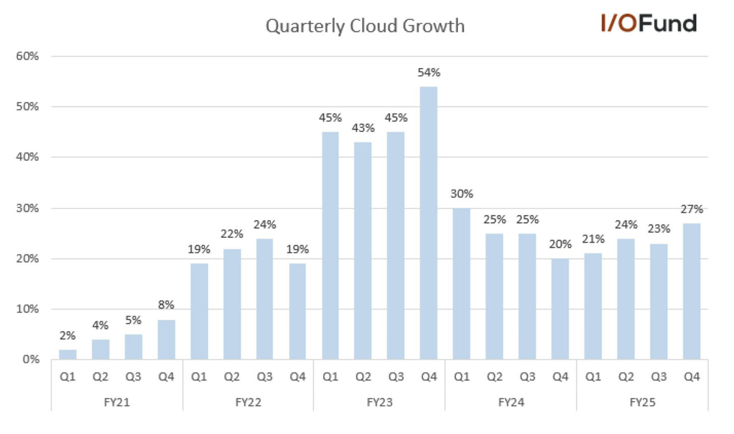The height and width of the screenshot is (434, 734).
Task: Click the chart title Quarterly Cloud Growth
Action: point(365,26)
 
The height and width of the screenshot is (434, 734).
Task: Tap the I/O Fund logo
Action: point(648,23)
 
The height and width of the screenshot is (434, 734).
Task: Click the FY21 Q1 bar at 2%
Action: point(68,354)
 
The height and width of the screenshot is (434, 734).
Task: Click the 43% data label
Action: point(363,128)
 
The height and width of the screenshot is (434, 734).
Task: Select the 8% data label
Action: point(166,305)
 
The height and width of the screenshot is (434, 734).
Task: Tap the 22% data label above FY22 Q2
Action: point(231,234)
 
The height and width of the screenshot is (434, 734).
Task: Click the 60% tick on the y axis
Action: point(27,56)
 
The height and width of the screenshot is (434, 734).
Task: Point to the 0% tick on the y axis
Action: point(31,359)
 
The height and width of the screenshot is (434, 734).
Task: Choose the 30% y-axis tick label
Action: point(27,208)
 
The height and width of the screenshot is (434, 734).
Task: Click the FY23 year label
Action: point(379,402)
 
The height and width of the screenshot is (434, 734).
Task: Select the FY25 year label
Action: point(642,402)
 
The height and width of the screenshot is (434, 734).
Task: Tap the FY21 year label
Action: point(116,402)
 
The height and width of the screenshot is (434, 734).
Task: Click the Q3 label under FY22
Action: point(264,377)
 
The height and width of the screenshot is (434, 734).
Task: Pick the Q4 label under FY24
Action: point(560,377)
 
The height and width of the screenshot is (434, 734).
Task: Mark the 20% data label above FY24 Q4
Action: point(560,244)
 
